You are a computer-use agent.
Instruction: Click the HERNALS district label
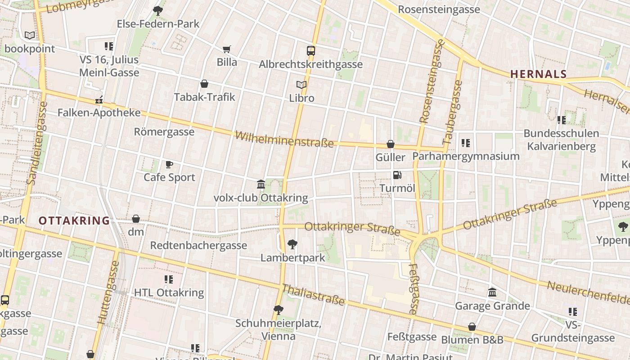(x=538, y=74)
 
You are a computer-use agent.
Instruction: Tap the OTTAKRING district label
(x=74, y=221)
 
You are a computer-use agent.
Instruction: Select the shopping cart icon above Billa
(x=227, y=49)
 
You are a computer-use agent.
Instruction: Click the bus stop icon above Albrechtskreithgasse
(x=311, y=50)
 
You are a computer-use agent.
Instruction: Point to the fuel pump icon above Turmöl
(x=397, y=175)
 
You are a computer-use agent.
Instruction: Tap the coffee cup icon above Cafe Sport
(x=169, y=164)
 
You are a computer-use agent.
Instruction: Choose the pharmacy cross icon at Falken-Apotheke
(x=99, y=100)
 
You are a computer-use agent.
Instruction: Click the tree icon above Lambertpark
(x=292, y=244)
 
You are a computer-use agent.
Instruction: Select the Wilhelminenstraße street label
(x=284, y=139)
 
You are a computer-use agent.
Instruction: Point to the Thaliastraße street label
(x=313, y=295)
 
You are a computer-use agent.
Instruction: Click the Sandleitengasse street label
(x=37, y=143)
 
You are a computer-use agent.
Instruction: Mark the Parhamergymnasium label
(x=466, y=156)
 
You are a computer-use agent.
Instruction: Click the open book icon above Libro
(x=301, y=85)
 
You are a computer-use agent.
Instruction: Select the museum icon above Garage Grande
(x=492, y=292)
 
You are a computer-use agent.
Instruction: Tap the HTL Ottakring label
(x=169, y=292)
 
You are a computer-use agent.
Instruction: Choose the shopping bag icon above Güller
(x=391, y=144)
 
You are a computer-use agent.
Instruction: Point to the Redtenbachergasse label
(x=198, y=245)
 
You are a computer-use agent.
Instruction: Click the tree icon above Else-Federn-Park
(x=158, y=10)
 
